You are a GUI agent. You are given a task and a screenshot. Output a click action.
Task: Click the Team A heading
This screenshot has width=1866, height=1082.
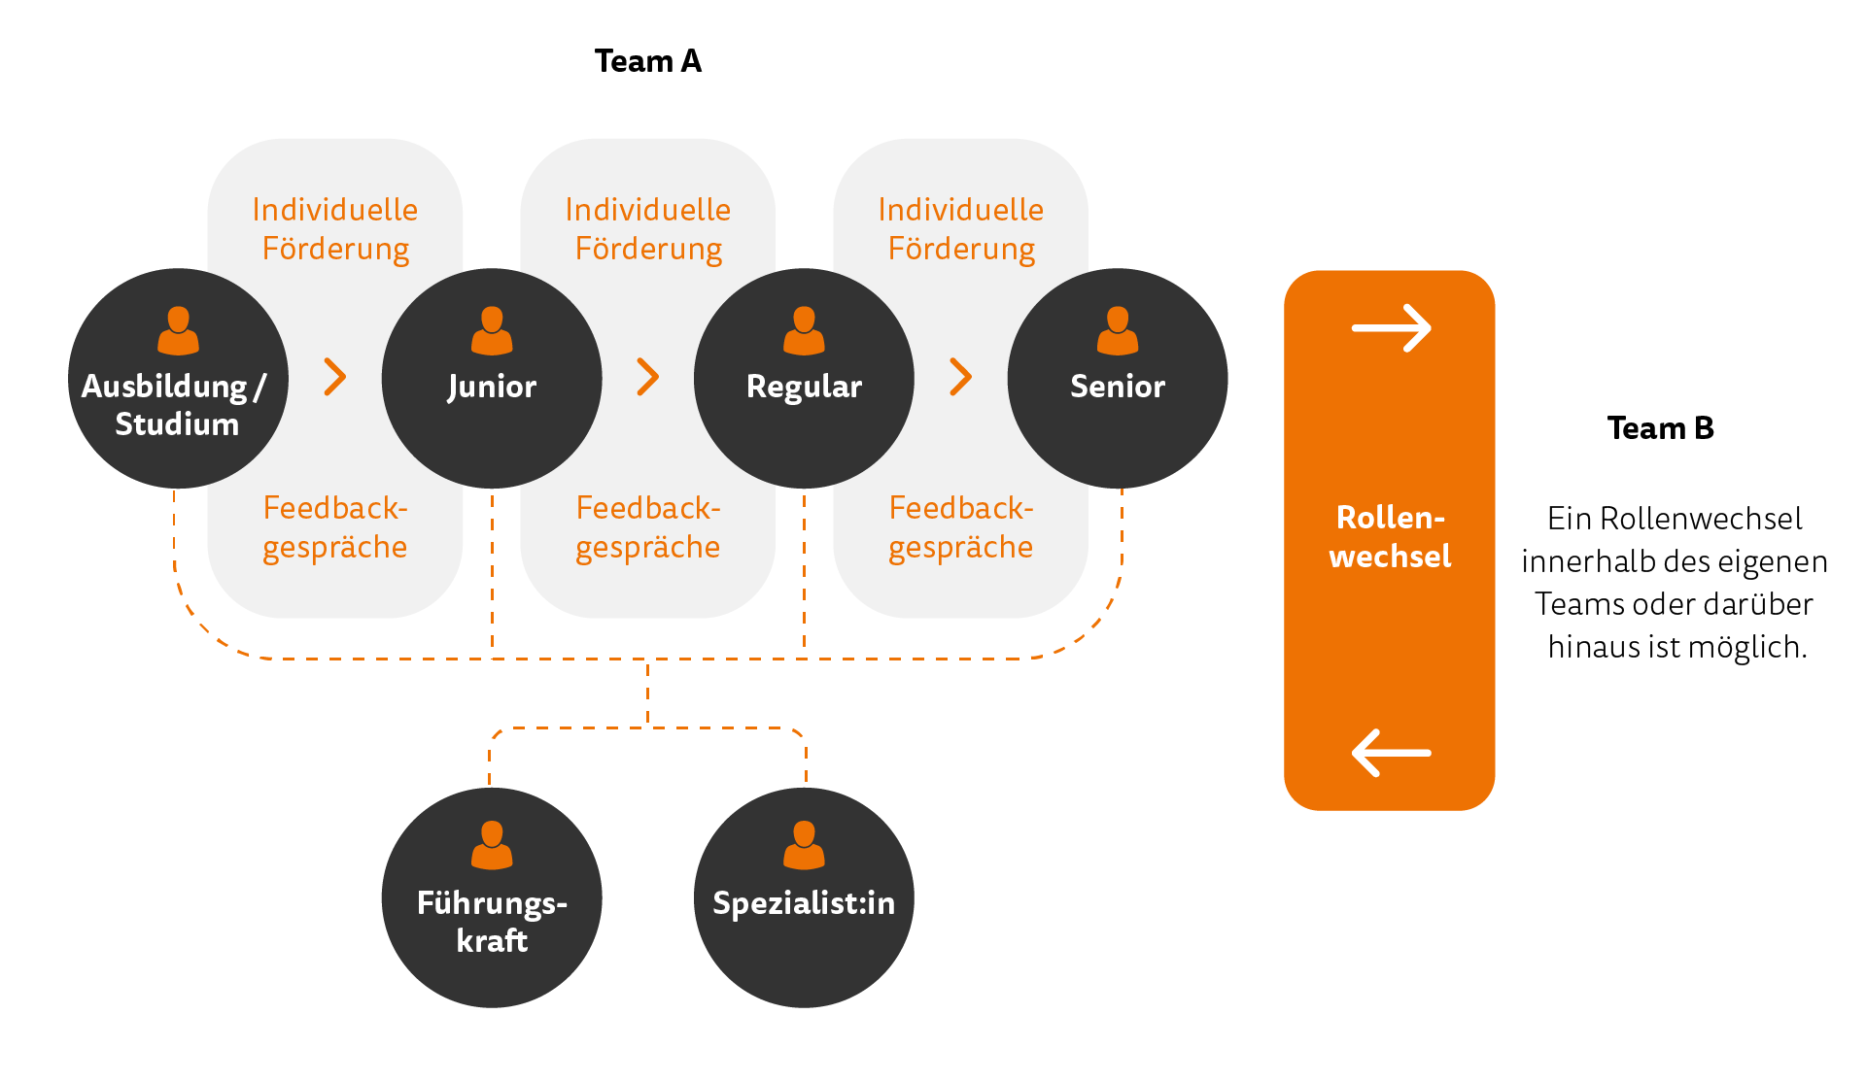coord(647,61)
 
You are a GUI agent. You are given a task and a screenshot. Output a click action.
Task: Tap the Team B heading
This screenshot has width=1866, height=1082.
coord(1660,428)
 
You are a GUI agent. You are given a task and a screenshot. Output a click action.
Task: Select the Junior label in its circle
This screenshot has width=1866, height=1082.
coord(492,387)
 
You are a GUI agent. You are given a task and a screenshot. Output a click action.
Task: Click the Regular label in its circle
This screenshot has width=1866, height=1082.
coord(804,387)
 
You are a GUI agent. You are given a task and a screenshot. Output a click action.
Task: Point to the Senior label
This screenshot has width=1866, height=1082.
coord(1118,387)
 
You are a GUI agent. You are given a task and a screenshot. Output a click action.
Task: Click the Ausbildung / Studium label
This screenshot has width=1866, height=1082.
coord(176,405)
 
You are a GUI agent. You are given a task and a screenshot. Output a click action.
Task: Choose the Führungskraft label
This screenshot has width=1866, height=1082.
coord(492,921)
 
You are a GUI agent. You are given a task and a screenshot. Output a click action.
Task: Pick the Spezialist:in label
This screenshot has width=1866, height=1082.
coord(804,903)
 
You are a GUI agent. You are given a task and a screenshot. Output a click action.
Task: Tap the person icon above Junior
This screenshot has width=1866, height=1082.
coord(492,331)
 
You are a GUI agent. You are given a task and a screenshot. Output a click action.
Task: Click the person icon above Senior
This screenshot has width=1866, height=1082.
coord(1118,331)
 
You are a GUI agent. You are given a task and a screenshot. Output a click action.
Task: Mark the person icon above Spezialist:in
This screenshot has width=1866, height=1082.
coord(804,845)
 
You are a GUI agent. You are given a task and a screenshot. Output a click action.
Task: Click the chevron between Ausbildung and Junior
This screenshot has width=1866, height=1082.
coord(335,377)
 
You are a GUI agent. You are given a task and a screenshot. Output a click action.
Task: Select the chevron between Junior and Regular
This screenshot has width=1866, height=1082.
coord(648,377)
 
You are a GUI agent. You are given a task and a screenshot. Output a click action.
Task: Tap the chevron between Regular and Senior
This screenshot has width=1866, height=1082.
coord(961,377)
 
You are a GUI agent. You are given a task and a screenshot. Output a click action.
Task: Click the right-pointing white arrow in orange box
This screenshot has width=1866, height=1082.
coord(1391,328)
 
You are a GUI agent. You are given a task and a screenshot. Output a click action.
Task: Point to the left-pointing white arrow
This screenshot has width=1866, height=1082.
coord(1391,753)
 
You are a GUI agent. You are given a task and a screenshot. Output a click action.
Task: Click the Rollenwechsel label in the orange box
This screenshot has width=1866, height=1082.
coord(1390,536)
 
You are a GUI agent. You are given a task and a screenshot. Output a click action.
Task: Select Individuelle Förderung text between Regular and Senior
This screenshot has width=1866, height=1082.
coord(961,229)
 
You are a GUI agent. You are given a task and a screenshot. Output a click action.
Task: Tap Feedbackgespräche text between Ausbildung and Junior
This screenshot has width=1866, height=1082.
coord(335,527)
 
